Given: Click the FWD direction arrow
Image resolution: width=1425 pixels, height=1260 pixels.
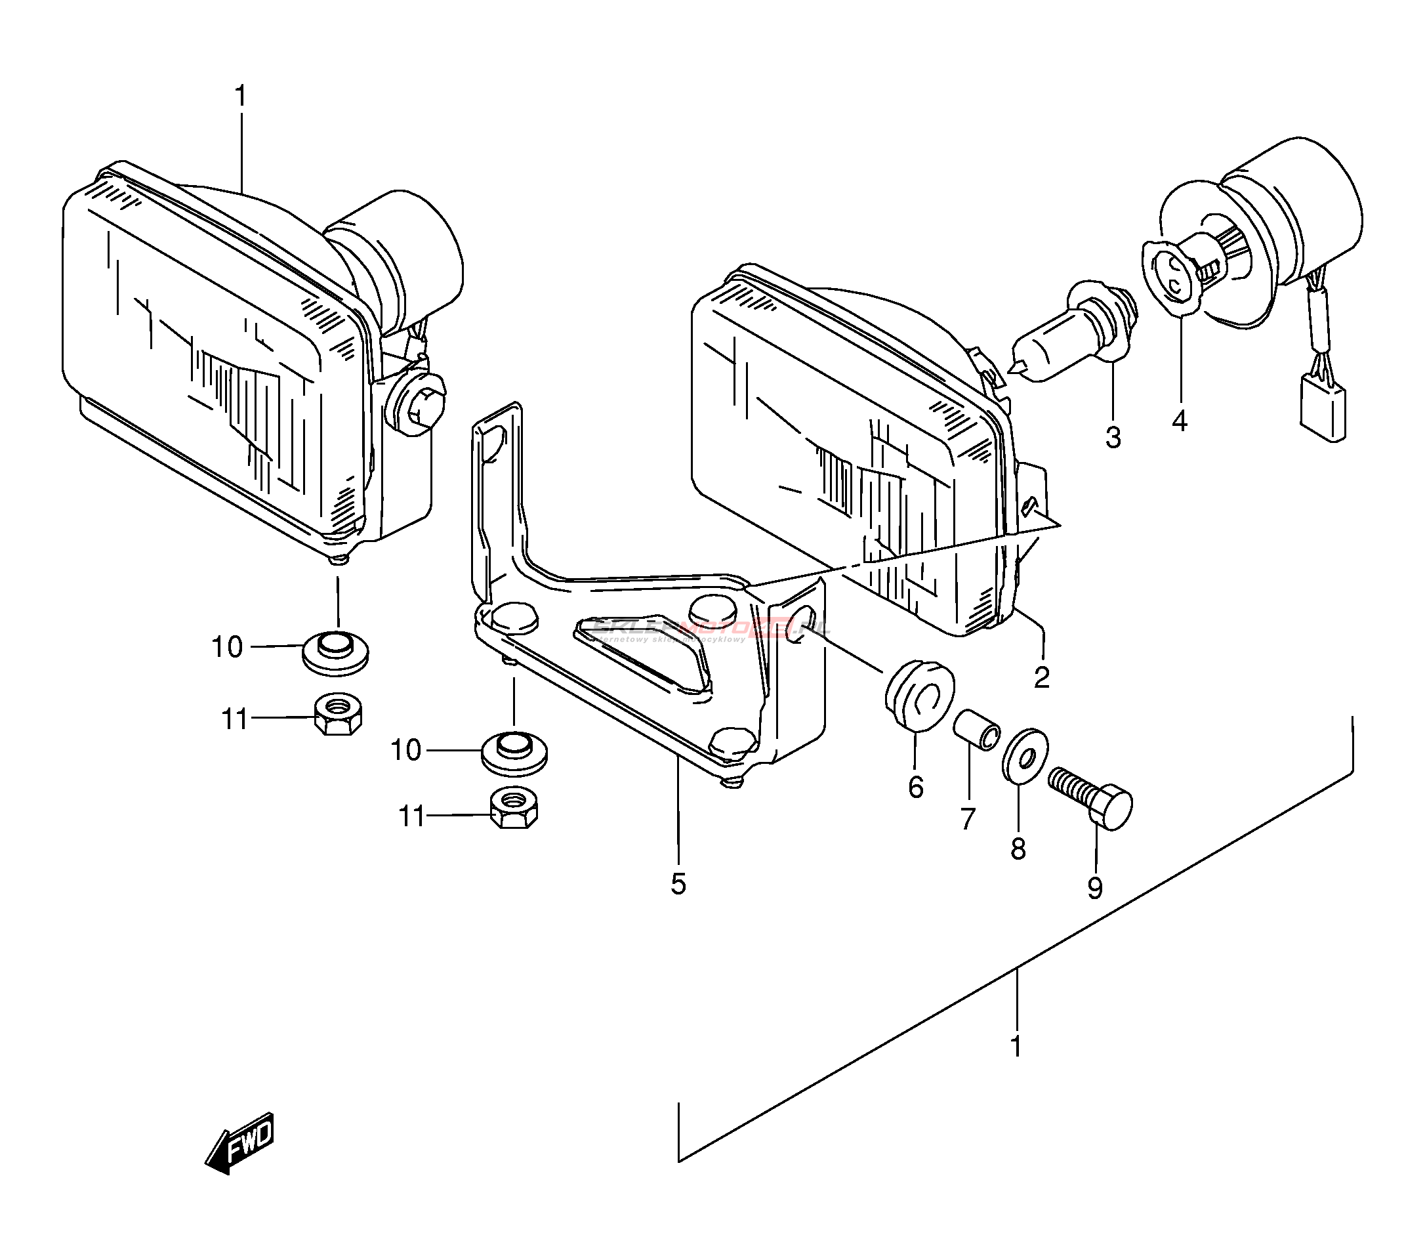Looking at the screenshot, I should pyautogui.click(x=241, y=1142).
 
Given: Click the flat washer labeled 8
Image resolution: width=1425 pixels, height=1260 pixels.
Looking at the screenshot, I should pyautogui.click(x=1023, y=756).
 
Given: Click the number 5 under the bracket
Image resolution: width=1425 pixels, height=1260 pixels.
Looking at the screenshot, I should pyautogui.click(x=678, y=884).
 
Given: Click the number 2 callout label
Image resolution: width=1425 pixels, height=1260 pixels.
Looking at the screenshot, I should pyautogui.click(x=1042, y=677).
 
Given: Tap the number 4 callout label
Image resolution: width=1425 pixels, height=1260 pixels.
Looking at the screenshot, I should pyautogui.click(x=1179, y=421).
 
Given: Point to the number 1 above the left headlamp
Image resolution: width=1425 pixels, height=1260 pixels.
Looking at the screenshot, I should pyautogui.click(x=241, y=96).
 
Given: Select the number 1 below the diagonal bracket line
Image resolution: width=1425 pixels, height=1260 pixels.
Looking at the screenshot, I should pyautogui.click(x=1016, y=1047).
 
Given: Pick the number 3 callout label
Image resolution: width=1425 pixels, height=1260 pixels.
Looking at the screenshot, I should pyautogui.click(x=1113, y=438).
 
